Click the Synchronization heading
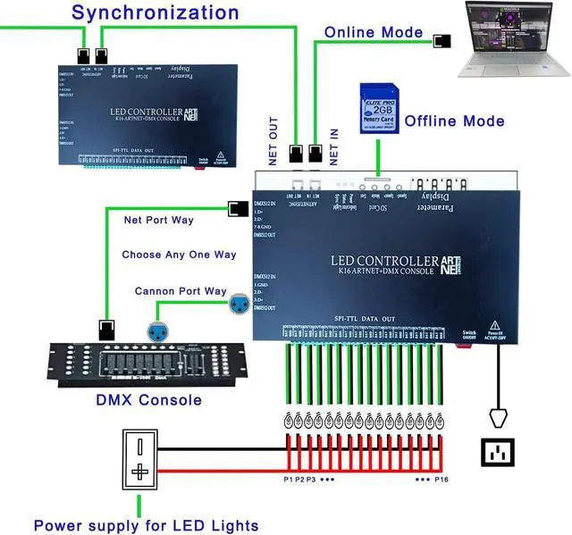point(156,13)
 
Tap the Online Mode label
point(374,32)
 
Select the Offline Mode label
point(454,121)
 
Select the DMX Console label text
point(148,398)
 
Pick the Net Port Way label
point(158,219)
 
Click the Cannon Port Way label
point(181,291)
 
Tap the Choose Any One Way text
point(179,255)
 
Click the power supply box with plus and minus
point(139,459)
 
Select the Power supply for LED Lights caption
point(147,524)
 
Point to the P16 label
point(441,481)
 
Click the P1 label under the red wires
point(288,481)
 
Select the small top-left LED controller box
point(139,113)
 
